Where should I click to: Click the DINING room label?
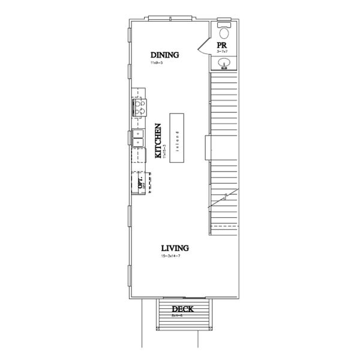[x=165, y=55]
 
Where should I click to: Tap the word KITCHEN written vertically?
[x=158, y=141]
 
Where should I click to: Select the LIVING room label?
[x=175, y=248]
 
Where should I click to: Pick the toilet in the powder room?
[x=224, y=32]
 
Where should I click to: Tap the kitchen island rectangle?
[x=178, y=136]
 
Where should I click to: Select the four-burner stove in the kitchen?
[x=138, y=108]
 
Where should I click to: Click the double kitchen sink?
[x=137, y=137]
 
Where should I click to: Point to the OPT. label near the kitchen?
[x=140, y=182]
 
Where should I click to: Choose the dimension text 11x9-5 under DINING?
[x=158, y=62]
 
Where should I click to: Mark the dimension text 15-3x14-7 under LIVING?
[x=171, y=256]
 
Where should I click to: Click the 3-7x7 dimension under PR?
[x=223, y=52]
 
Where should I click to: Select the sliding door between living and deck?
[x=183, y=298]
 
